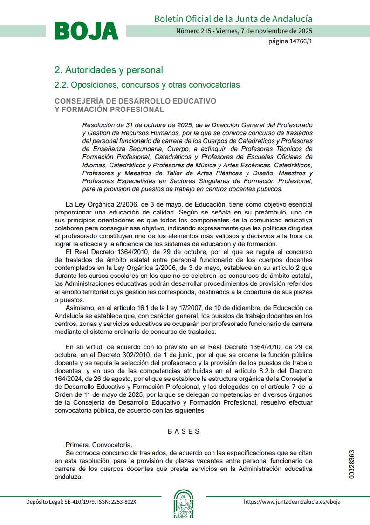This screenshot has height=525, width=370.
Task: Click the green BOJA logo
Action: tap(87, 31)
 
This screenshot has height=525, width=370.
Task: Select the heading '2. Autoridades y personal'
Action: tap(109, 70)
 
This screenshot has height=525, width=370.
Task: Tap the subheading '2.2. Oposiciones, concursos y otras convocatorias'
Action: tap(147, 85)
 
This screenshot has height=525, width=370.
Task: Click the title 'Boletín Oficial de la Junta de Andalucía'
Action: tap(233, 19)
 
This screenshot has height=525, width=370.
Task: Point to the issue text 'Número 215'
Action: tap(192, 31)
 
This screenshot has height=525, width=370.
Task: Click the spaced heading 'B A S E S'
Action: tap(184, 431)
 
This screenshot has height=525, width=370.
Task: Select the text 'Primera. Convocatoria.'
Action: tap(99, 445)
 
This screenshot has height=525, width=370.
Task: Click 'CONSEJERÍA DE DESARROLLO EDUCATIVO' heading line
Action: tap(136, 101)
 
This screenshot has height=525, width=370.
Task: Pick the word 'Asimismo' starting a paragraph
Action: tap(79, 308)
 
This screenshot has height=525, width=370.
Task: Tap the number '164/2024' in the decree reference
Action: tap(68, 379)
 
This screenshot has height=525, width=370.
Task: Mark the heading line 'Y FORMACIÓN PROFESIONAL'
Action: tap(110, 110)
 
